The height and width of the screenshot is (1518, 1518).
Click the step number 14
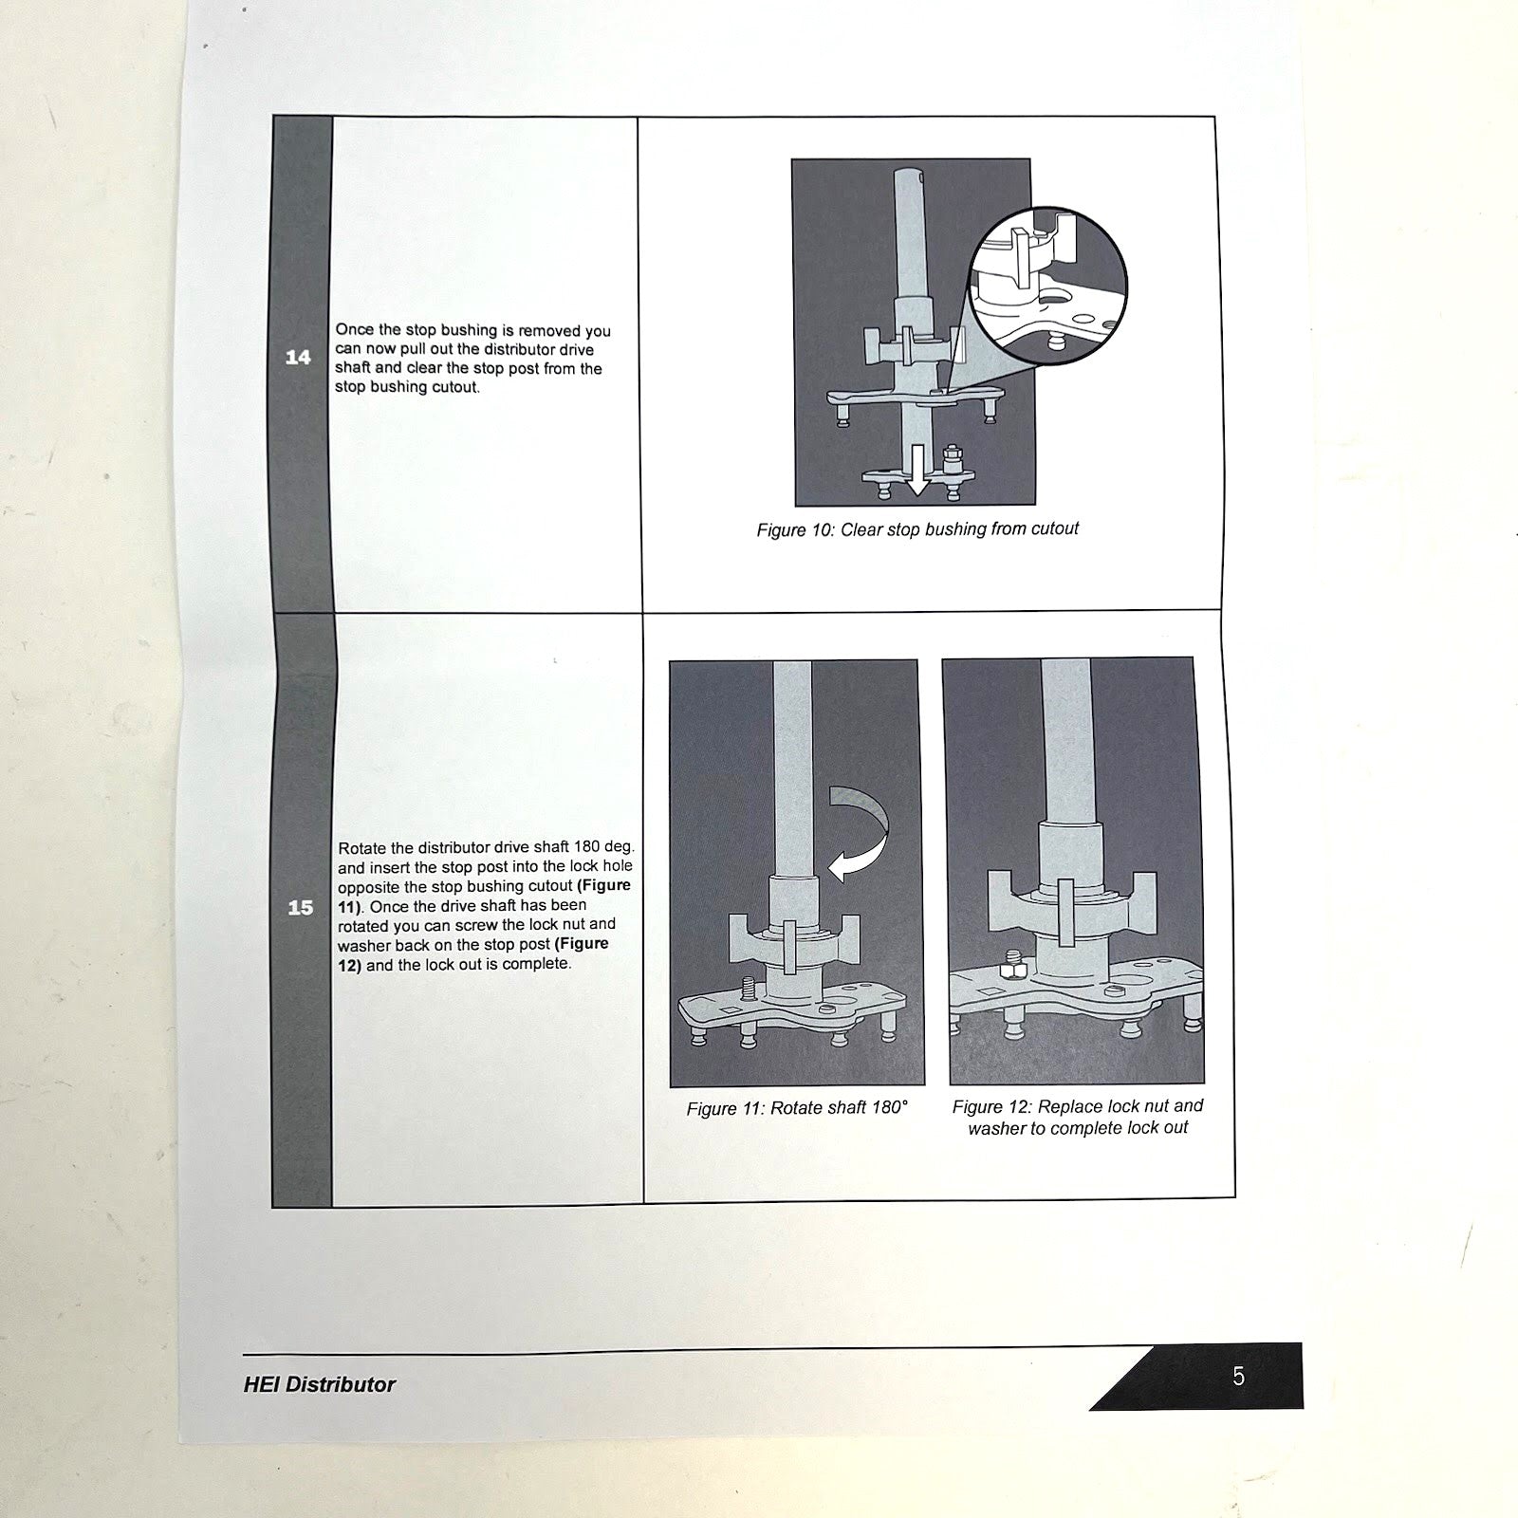298,357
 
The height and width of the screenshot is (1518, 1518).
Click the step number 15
300,908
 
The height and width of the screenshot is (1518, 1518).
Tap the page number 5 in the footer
1238,1376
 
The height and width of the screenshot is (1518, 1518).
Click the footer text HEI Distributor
319,1384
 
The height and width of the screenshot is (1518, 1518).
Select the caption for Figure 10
917,529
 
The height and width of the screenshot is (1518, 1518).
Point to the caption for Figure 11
797,1108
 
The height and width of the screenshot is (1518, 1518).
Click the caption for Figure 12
1078,1117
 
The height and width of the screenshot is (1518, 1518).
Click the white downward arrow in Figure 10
916,470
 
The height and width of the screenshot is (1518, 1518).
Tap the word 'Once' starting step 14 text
355,330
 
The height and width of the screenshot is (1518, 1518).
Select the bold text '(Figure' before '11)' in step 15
603,885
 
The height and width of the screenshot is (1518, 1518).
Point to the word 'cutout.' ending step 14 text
455,387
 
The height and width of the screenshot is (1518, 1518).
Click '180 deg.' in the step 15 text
604,846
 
